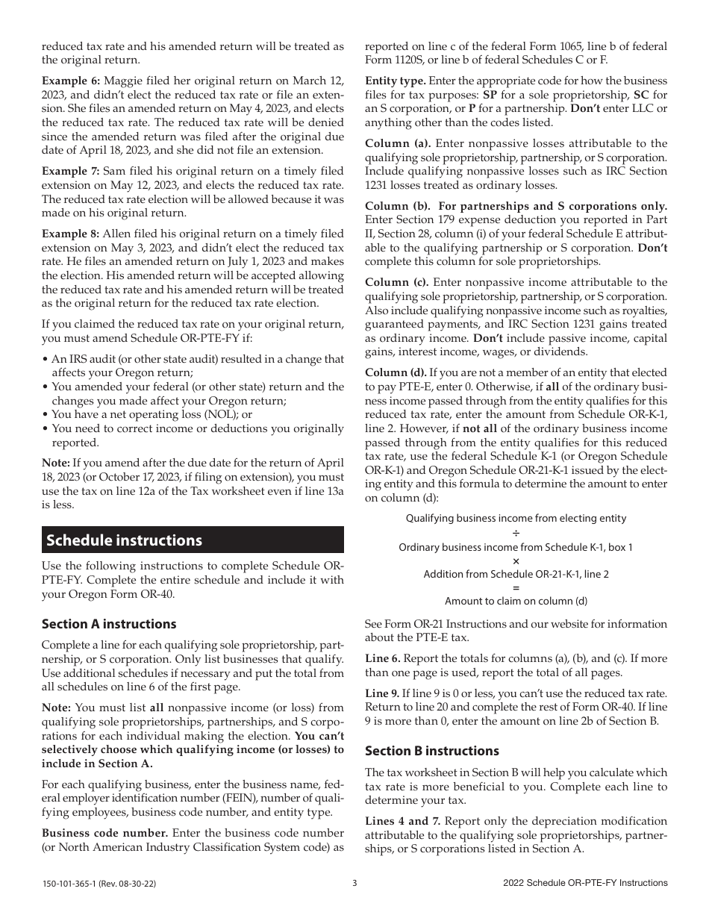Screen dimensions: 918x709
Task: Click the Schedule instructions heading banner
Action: (193, 540)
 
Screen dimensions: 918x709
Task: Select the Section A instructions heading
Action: (109, 623)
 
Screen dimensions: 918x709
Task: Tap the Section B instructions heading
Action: (431, 750)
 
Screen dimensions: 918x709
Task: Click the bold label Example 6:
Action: (70, 80)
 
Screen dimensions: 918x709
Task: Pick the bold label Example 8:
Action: (70, 234)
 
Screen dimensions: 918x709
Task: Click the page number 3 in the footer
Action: (354, 883)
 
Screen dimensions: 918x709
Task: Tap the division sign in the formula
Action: (516, 533)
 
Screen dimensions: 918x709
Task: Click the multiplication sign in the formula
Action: (516, 561)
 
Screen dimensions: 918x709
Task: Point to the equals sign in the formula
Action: (516, 587)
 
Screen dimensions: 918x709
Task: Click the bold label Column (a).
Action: (398, 143)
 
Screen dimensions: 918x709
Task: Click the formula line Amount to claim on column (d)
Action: (516, 601)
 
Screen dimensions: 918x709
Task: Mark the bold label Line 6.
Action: (383, 658)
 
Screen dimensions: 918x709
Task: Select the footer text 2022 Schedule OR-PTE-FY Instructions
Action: (585, 884)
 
